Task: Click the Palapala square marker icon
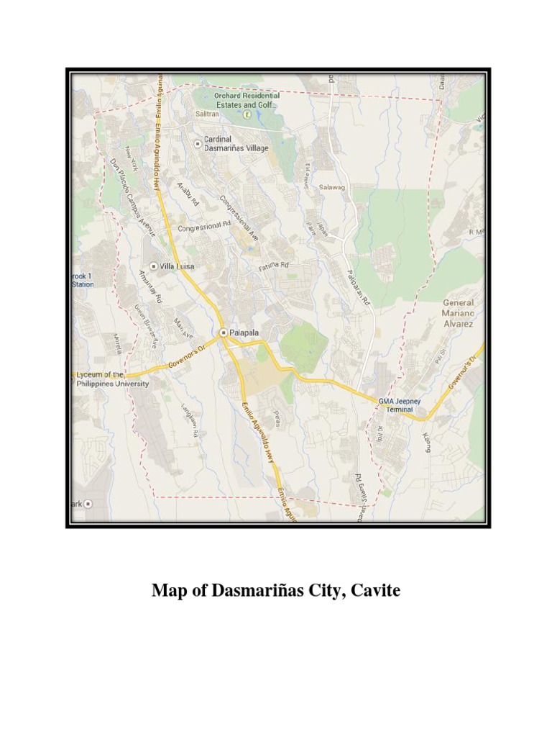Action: [x=224, y=333]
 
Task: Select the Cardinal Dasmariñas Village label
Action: [x=236, y=143]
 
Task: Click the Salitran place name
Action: [x=206, y=114]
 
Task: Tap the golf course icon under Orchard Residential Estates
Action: [x=247, y=114]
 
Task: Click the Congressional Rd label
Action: [x=203, y=227]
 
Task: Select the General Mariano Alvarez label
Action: [x=458, y=313]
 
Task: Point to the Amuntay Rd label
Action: [x=151, y=284]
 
